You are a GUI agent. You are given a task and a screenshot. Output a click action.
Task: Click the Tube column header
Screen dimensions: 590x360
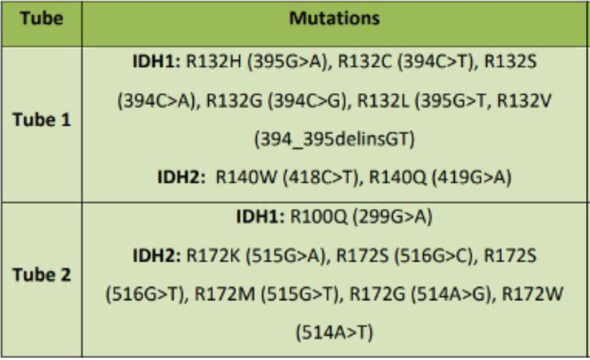click(42, 18)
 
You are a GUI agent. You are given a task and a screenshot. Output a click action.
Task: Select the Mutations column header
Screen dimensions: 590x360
click(334, 18)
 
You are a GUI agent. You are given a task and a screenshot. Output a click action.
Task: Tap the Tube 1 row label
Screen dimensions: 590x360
click(42, 120)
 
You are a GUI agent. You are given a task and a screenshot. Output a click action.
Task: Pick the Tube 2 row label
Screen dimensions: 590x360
click(42, 275)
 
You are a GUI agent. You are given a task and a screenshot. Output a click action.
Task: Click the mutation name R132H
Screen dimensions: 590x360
click(214, 61)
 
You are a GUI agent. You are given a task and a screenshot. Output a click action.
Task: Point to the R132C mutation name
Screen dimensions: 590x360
click(365, 61)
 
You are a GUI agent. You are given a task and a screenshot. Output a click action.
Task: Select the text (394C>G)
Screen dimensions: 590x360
click(307, 100)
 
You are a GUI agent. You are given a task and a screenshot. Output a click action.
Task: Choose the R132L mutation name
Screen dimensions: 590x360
click(383, 100)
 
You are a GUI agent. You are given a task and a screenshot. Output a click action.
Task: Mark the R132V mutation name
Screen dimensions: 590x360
click(524, 100)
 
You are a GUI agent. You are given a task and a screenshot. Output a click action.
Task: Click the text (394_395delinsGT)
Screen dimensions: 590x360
click(334, 139)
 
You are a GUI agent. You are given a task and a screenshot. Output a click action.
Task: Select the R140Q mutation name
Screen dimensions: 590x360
click(398, 177)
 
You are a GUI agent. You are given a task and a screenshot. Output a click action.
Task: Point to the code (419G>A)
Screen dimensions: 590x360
click(471, 177)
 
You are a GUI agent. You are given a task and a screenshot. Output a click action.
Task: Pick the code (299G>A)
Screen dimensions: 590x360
click(392, 216)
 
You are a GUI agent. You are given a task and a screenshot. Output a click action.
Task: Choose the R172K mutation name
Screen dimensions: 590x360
click(213, 255)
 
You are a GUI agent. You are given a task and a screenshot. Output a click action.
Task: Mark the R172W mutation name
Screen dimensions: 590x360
click(533, 294)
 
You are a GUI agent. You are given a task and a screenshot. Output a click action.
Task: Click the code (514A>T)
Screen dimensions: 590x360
click(334, 332)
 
